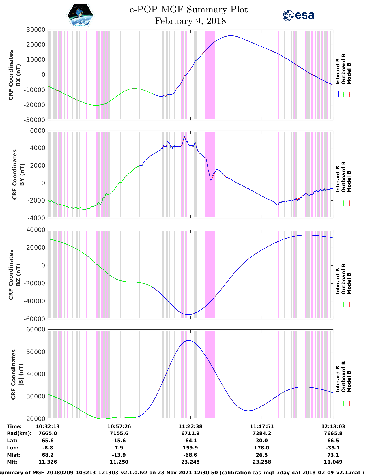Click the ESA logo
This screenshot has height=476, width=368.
[x=298, y=15]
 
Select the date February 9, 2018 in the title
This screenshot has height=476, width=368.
[x=190, y=21]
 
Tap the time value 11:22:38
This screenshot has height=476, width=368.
[x=190, y=426]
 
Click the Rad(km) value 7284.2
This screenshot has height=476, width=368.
[x=262, y=433]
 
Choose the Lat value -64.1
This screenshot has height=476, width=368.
[x=190, y=441]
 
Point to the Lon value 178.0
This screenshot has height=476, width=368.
[x=262, y=448]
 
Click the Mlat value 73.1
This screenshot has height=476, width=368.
[x=333, y=455]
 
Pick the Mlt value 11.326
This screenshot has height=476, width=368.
[x=48, y=462]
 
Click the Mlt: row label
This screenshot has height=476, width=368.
[x=12, y=462]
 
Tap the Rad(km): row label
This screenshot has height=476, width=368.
[x=19, y=433]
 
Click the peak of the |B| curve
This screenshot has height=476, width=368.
[x=188, y=340]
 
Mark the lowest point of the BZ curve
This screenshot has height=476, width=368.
[x=188, y=315]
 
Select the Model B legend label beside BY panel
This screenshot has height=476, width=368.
[x=349, y=181]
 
